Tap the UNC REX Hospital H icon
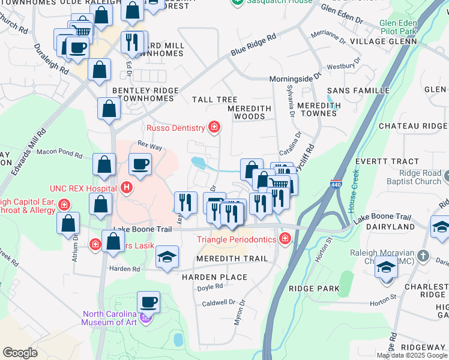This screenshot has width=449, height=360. pos(126,188)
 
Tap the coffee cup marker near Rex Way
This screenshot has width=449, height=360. pos(140,165)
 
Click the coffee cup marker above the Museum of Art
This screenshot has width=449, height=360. pos(148,302)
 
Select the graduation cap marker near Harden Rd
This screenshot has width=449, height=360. pos(166,258)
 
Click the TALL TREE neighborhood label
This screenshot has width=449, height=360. pos(214,100)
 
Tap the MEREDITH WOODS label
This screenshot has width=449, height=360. pos(250,113)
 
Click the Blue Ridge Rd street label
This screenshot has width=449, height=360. pos(254,45)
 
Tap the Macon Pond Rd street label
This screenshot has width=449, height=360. pos(59,154)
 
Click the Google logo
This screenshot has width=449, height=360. pos(20,353)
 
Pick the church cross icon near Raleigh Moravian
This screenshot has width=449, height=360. pos(423,256)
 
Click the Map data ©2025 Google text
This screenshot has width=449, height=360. pos(412,355)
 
